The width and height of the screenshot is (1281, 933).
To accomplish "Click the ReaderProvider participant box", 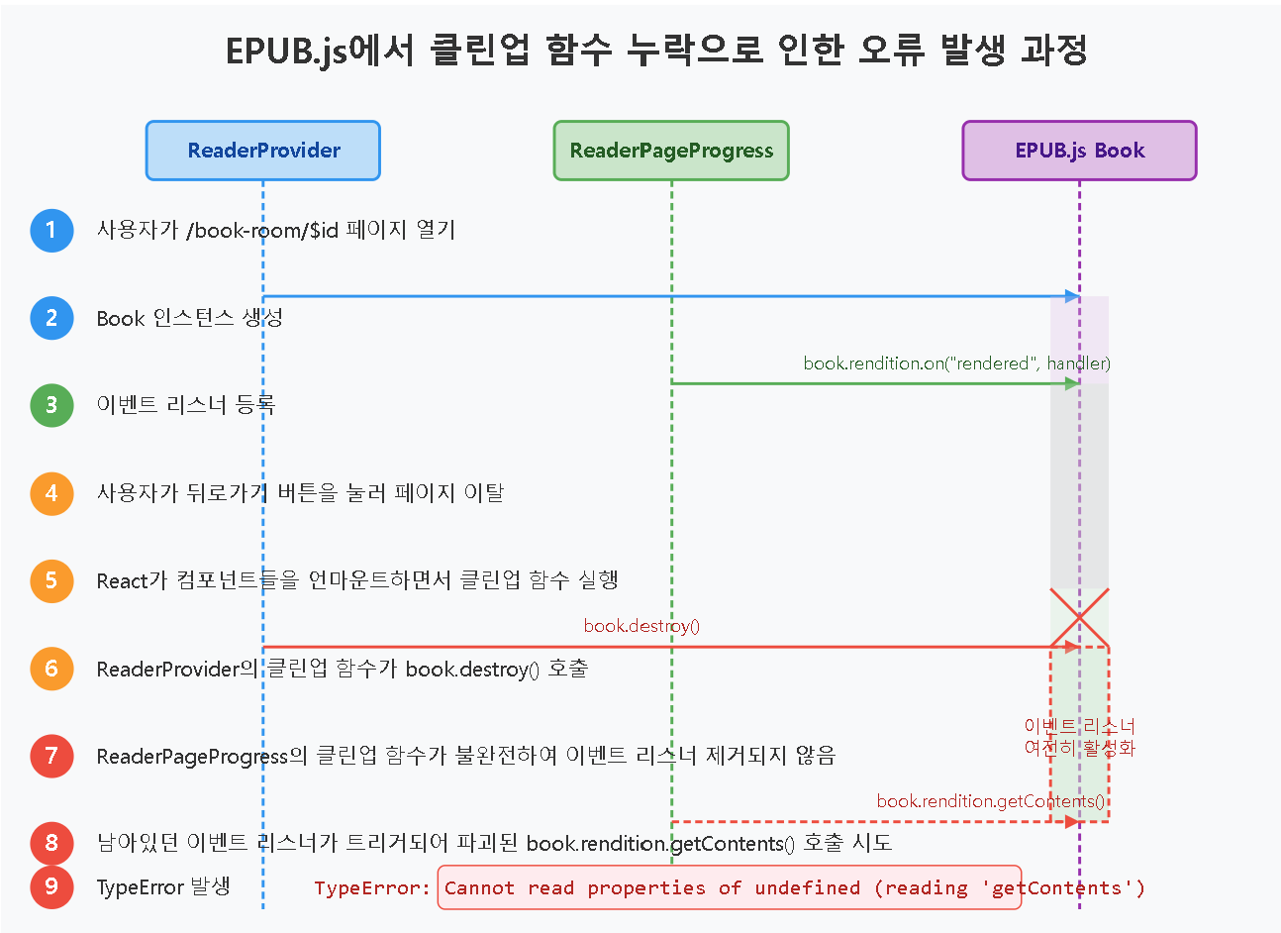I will (263, 151).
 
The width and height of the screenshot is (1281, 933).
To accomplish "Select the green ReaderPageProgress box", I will (671, 151).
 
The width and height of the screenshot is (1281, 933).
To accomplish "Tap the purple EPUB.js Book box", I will (1079, 151).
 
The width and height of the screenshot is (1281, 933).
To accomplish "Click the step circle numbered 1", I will (51, 231).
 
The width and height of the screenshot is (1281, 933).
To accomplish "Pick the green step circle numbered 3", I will (51, 405).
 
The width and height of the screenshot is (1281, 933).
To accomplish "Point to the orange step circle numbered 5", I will (51, 580).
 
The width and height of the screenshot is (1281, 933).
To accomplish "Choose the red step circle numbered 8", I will (51, 843).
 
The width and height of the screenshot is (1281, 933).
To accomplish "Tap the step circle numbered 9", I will (51, 886).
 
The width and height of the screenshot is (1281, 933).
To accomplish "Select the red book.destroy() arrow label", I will (641, 626).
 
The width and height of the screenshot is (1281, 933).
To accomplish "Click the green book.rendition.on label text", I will (956, 363).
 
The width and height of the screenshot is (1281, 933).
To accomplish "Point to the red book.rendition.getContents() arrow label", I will (990, 801).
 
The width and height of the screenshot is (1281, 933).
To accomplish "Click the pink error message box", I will (729, 887).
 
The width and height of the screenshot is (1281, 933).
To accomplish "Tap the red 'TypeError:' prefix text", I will (372, 888).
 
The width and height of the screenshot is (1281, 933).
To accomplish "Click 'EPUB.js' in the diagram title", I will (286, 51).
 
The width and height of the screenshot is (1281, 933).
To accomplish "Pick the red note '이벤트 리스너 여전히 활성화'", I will (1079, 737).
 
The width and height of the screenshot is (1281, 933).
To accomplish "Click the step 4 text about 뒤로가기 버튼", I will (300, 493).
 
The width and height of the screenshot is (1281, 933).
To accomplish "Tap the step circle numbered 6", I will (51, 669).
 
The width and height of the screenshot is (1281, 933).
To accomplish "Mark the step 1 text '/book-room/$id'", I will (262, 231).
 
